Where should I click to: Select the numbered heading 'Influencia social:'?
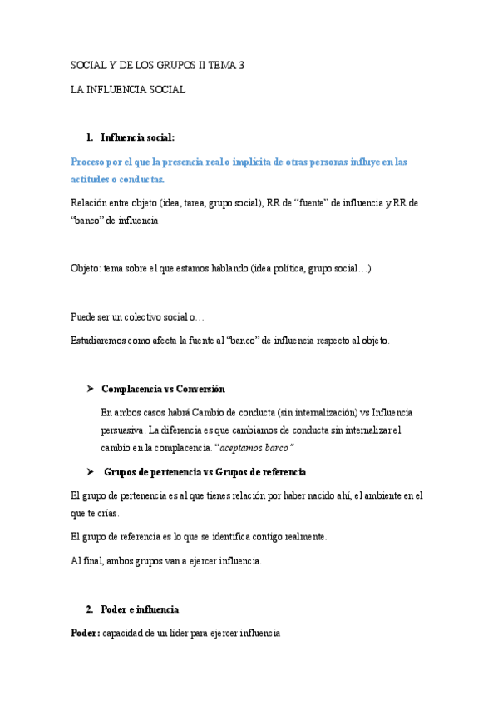pos(138,137)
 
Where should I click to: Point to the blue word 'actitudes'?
pos(92,180)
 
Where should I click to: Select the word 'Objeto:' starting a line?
pos(86,269)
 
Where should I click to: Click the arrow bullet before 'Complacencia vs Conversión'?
pos(90,389)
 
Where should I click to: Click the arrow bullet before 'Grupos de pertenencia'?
pos(90,472)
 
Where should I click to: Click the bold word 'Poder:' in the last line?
pos(86,634)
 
